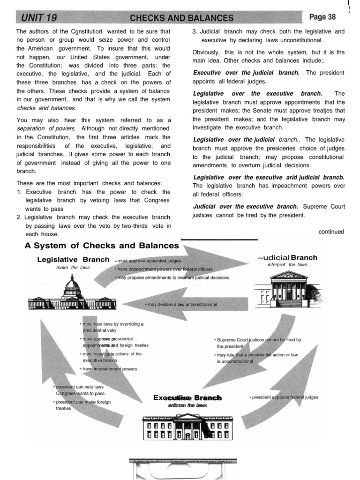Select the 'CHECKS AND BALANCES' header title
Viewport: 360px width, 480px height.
(x=181, y=18)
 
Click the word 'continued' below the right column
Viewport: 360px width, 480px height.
(x=331, y=232)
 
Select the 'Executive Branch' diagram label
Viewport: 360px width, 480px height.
(x=187, y=397)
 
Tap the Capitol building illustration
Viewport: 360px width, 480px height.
(x=71, y=295)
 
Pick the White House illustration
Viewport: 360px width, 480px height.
(x=187, y=427)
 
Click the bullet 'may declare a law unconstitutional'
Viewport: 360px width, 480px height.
(x=181, y=305)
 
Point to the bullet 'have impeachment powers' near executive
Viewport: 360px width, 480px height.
(x=109, y=369)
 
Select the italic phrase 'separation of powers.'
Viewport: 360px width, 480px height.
(x=46, y=128)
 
